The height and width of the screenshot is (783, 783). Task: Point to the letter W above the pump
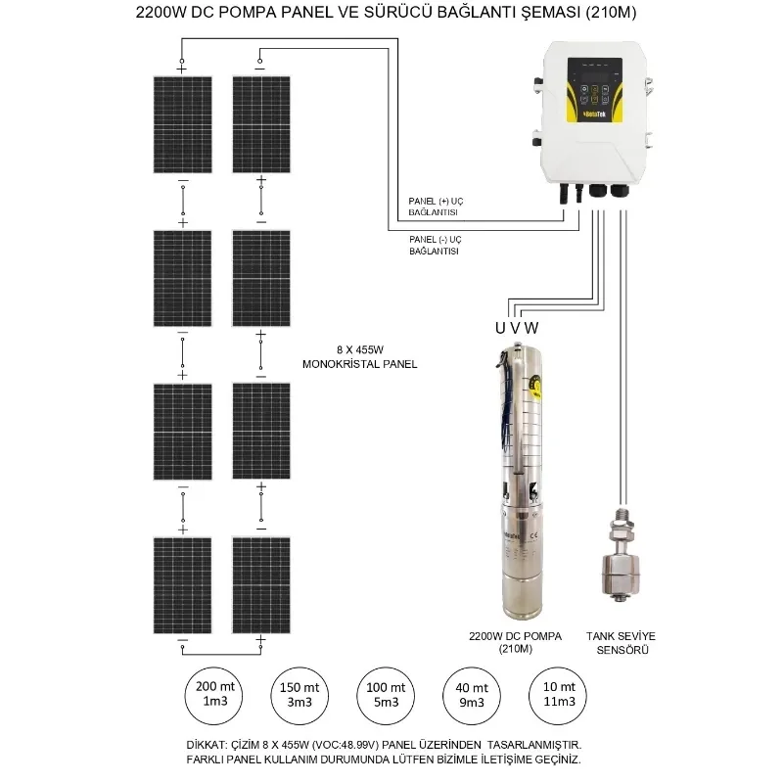pyautogui.click(x=533, y=326)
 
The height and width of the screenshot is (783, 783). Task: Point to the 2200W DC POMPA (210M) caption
pyautogui.click(x=515, y=642)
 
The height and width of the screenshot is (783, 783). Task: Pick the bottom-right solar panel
pyautogui.click(x=260, y=584)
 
